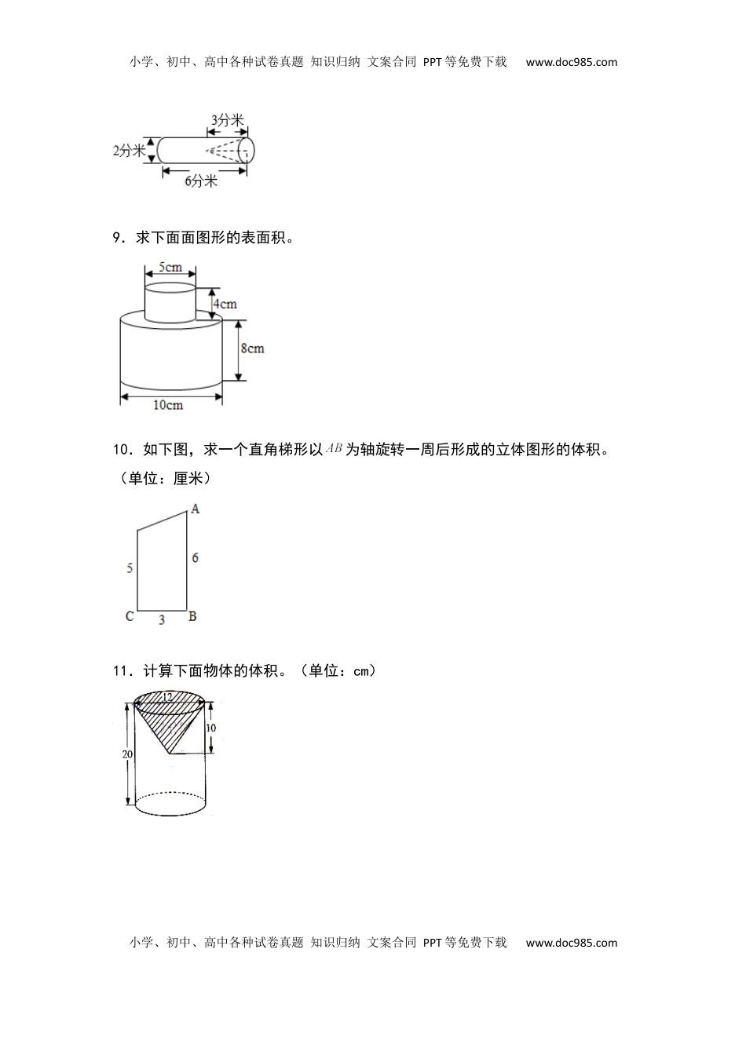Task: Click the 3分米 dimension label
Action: pyautogui.click(x=228, y=120)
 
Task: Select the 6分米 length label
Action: pyautogui.click(x=201, y=181)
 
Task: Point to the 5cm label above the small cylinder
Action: pyautogui.click(x=170, y=267)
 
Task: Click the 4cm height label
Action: pyautogui.click(x=224, y=304)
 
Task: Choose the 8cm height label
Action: pyautogui.click(x=252, y=348)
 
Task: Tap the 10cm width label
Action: pyautogui.click(x=168, y=405)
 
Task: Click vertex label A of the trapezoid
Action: pyautogui.click(x=196, y=509)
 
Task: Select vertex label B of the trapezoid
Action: pyautogui.click(x=192, y=616)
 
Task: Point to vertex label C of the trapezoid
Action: pyautogui.click(x=130, y=616)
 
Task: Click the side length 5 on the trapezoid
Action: pyautogui.click(x=130, y=568)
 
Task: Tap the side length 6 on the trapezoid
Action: pyautogui.click(x=196, y=557)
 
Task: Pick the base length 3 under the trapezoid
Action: pyautogui.click(x=162, y=620)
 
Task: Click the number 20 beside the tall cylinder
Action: pyautogui.click(x=127, y=754)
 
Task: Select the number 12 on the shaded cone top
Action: pyautogui.click(x=166, y=696)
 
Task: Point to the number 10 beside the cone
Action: pyautogui.click(x=211, y=728)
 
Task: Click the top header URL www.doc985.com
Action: pyautogui.click(x=572, y=62)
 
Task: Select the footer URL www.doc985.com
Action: pyautogui.click(x=572, y=943)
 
